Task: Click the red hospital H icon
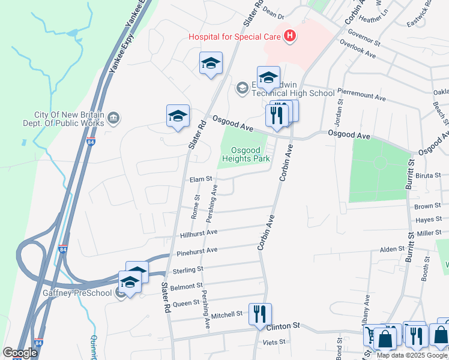click(x=290, y=36)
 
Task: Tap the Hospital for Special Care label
click(x=235, y=37)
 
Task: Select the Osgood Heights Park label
click(x=246, y=154)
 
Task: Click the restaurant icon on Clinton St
click(x=260, y=314)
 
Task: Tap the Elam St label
click(x=201, y=179)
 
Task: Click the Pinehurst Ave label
click(x=197, y=250)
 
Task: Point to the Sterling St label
click(x=188, y=271)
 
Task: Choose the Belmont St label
click(x=187, y=287)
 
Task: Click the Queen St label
click(x=185, y=304)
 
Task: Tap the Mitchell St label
click(x=226, y=314)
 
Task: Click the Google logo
click(x=20, y=352)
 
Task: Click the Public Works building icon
click(x=114, y=119)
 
